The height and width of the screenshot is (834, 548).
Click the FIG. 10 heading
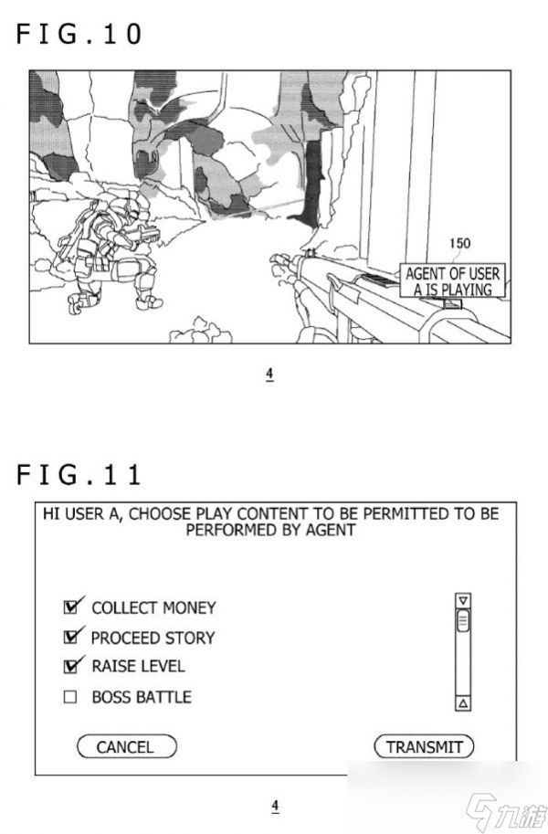[x=79, y=34]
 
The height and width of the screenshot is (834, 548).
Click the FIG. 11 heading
[x=79, y=474]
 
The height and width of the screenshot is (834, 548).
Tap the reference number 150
[x=459, y=244]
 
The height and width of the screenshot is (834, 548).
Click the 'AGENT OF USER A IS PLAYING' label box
[x=452, y=280]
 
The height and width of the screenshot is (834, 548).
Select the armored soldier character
[x=109, y=254]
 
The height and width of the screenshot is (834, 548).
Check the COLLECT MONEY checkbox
[x=70, y=607]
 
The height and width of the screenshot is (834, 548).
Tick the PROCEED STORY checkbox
[x=70, y=637]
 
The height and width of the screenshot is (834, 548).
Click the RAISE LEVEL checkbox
[x=70, y=667]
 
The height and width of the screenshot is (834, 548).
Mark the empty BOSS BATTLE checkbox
[x=70, y=697]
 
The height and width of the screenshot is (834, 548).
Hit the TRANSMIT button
[x=424, y=746]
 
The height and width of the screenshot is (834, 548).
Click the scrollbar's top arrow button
[x=463, y=601]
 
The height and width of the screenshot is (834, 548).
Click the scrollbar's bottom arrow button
[x=463, y=703]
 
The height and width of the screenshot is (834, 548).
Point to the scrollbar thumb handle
[x=463, y=620]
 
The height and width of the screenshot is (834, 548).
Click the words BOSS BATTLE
[x=142, y=697]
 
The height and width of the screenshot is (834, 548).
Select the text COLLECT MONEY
[x=153, y=607]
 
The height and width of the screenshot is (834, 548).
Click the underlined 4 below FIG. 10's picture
[x=269, y=374]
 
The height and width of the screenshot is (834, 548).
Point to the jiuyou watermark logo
[x=505, y=812]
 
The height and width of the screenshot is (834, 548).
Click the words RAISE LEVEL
[x=138, y=667]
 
